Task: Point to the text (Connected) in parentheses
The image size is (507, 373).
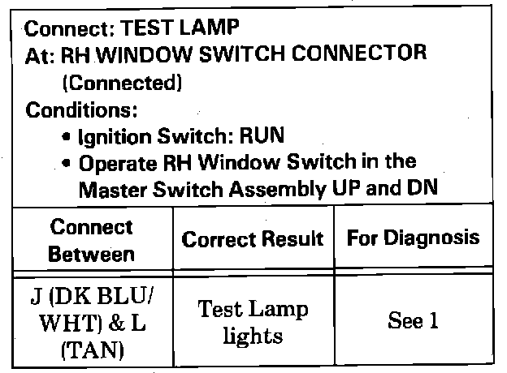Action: [122, 82]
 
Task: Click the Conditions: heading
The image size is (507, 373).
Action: [80, 108]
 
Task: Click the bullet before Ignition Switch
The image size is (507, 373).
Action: [65, 136]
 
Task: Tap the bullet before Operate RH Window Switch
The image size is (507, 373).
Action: [65, 163]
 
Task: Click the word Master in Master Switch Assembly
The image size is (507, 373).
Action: [110, 190]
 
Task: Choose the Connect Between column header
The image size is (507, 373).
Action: [92, 240]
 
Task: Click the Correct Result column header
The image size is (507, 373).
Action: [253, 239]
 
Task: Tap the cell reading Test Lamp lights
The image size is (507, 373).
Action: [253, 321]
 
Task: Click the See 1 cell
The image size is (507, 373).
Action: [413, 321]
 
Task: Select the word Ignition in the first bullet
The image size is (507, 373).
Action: [111, 135]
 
